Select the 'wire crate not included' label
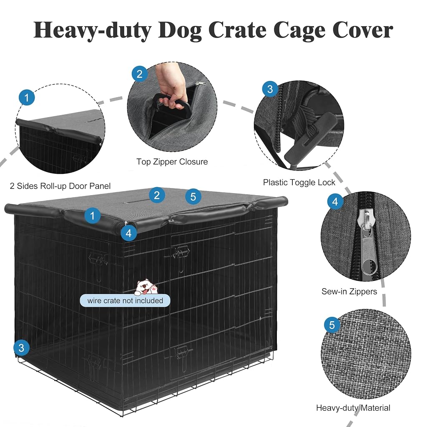(125, 301)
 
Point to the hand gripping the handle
(171, 87)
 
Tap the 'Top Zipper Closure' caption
(172, 162)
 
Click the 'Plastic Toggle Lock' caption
(299, 183)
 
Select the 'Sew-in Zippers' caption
(349, 291)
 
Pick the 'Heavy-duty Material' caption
(353, 408)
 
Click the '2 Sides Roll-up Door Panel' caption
(60, 186)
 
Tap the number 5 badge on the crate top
(193, 197)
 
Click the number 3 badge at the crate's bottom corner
(21, 348)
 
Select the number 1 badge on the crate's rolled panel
(92, 216)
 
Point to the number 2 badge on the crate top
(157, 195)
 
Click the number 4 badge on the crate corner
(128, 234)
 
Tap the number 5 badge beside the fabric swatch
(332, 325)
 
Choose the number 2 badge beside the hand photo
(139, 74)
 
